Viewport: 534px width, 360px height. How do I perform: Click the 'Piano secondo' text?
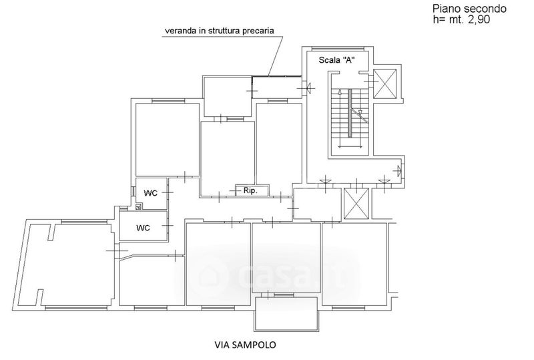click(469, 9)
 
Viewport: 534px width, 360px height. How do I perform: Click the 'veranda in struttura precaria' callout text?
click(220, 30)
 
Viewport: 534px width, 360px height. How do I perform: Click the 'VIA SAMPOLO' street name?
click(244, 345)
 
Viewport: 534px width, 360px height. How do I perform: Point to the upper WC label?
click(151, 193)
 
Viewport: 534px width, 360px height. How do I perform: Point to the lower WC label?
click(143, 227)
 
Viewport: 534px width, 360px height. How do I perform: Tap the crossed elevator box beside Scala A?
click(385, 83)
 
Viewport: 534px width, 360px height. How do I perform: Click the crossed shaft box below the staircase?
click(356, 204)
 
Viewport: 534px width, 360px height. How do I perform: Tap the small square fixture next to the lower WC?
click(138, 208)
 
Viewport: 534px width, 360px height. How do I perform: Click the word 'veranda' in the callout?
click(181, 30)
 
